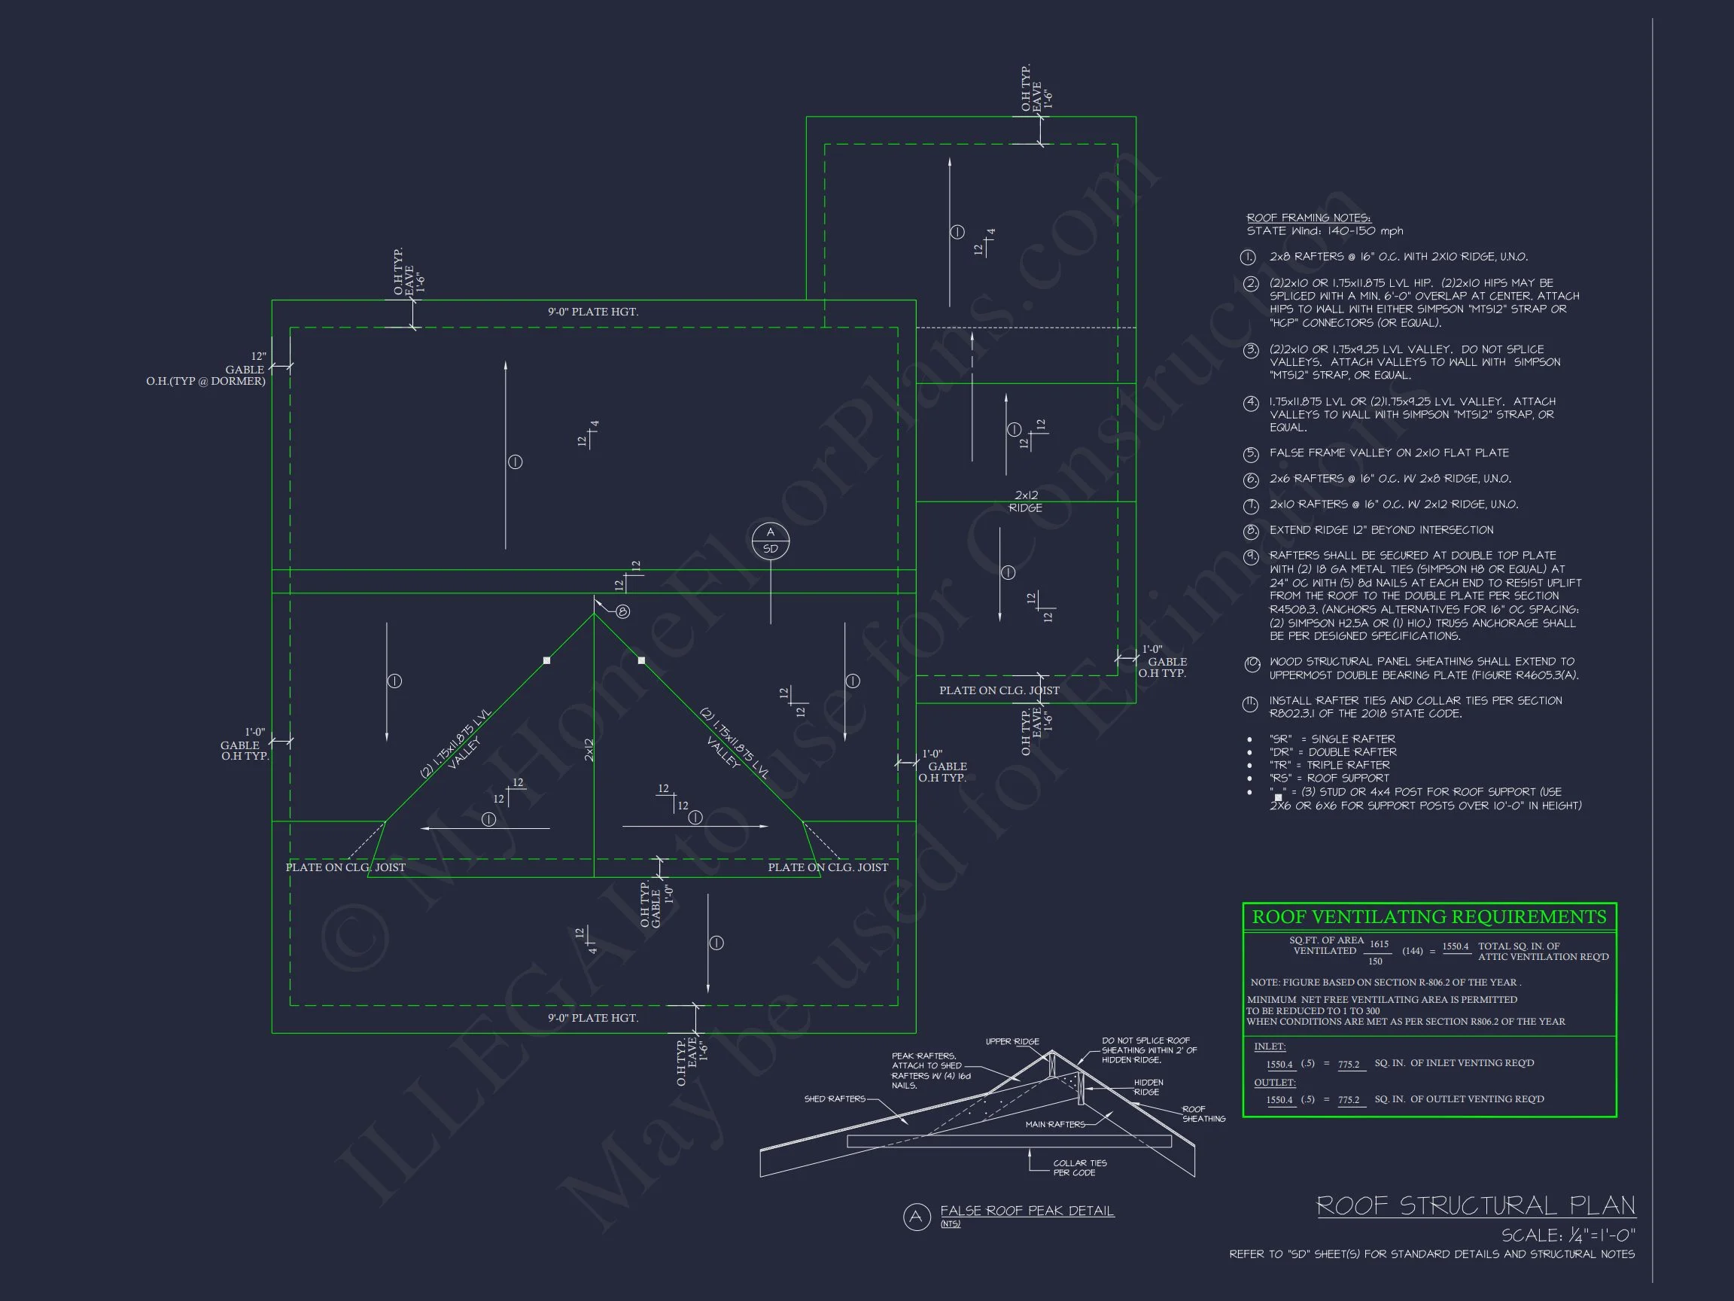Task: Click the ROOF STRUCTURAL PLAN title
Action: pyautogui.click(x=1474, y=1205)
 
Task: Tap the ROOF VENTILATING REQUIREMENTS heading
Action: pyautogui.click(x=1428, y=917)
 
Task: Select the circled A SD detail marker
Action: pyautogui.click(x=770, y=541)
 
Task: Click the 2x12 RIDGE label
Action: pyautogui.click(x=1025, y=501)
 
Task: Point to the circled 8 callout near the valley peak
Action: pyautogui.click(x=622, y=611)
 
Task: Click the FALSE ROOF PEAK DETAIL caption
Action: pyautogui.click(x=1026, y=1211)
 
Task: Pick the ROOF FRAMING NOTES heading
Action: pyautogui.click(x=1308, y=218)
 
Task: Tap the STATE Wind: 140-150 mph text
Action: pyautogui.click(x=1325, y=230)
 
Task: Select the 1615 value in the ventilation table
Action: pyautogui.click(x=1379, y=944)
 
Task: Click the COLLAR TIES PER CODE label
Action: pyautogui.click(x=1078, y=1168)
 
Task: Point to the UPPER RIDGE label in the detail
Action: pyautogui.click(x=1012, y=1041)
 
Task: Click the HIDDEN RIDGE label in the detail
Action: pyautogui.click(x=1148, y=1087)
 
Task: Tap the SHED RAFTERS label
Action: pyautogui.click(x=834, y=1098)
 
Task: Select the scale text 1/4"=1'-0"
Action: pyautogui.click(x=1568, y=1235)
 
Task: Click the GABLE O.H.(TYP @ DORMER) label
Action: pyautogui.click(x=205, y=375)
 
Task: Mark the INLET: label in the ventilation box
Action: pyautogui.click(x=1270, y=1046)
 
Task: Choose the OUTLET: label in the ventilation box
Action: pyautogui.click(x=1275, y=1082)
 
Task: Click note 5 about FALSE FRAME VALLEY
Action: pyautogui.click(x=1389, y=452)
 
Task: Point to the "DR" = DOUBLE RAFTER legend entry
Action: pyautogui.click(x=1333, y=751)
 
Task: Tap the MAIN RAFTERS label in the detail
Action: pyautogui.click(x=1055, y=1124)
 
